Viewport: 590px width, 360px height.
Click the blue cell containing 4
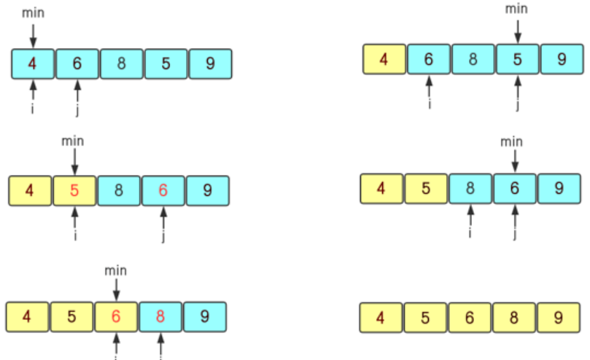tap(33, 63)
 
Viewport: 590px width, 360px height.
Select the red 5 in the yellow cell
tap(74, 191)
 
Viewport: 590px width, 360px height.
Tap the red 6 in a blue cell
tap(163, 191)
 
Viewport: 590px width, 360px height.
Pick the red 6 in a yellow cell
tap(116, 317)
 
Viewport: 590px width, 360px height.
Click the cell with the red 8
tap(160, 317)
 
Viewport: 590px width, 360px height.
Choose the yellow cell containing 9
tap(559, 318)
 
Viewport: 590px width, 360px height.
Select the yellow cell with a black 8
tap(516, 318)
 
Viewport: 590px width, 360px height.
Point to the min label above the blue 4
tap(33, 12)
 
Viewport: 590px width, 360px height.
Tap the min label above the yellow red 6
tap(116, 270)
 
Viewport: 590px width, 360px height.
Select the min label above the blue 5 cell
tap(517, 9)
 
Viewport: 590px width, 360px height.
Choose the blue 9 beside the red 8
tap(205, 317)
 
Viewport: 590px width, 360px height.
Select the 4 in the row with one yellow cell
tap(384, 59)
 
